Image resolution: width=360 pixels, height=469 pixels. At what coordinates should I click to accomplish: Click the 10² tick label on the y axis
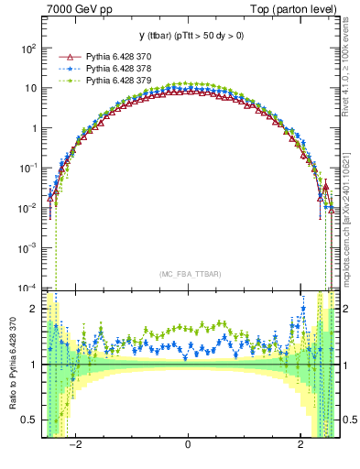(x=30, y=48)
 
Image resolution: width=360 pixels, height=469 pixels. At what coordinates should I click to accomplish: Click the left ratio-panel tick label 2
(x=34, y=310)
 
